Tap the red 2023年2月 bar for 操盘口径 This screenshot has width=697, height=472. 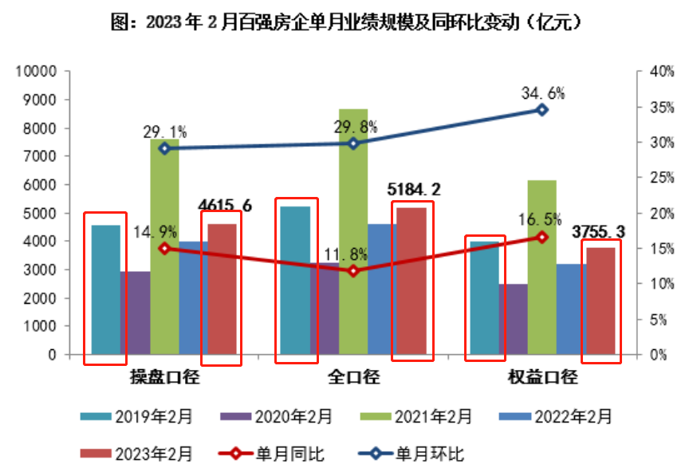point(222,289)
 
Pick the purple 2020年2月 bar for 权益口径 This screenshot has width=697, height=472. point(513,319)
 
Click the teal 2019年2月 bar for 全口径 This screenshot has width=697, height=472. point(296,280)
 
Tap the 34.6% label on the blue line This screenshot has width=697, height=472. point(542,92)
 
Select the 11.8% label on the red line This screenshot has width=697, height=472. point(345,255)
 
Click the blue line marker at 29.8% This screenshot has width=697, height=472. point(353,144)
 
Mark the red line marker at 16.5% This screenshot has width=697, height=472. point(542,237)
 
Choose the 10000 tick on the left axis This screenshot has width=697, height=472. point(37,72)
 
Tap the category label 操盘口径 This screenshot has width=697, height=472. point(164,377)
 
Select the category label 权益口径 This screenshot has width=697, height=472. point(542,377)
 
